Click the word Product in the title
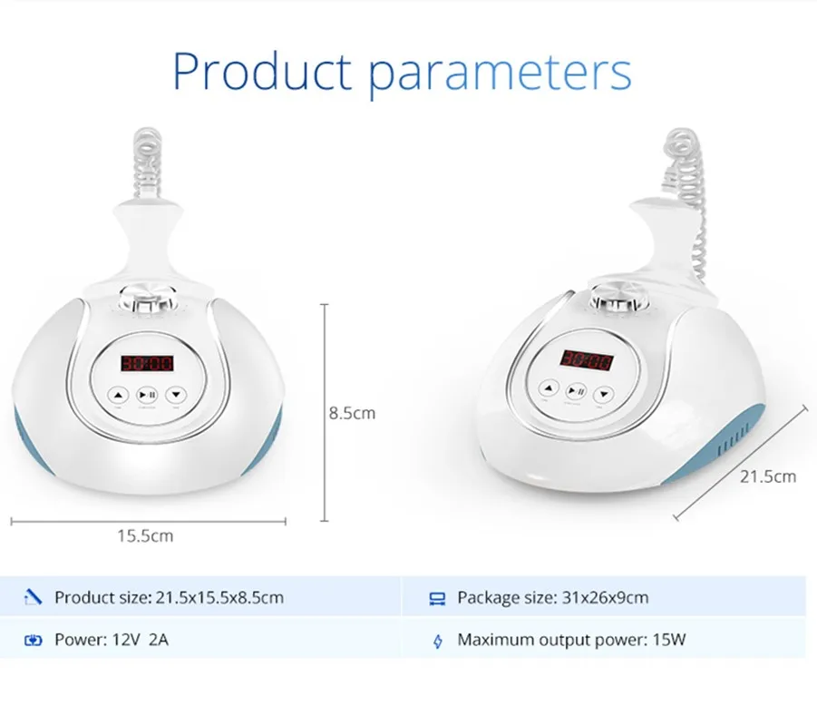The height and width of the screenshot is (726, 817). tap(262, 71)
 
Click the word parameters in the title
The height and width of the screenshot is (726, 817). tap(501, 74)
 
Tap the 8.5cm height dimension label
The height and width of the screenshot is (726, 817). tap(352, 413)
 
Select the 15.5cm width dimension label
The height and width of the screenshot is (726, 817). tap(145, 535)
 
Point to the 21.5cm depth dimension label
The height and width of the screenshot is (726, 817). tap(768, 476)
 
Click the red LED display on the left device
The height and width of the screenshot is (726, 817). tap(147, 363)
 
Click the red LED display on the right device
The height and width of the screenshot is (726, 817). tap(587, 359)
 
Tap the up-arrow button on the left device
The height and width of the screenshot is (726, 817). tap(118, 396)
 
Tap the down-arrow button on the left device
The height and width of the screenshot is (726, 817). tap(176, 396)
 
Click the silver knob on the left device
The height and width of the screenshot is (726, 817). tap(148, 299)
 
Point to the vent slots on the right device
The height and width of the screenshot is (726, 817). tap(734, 439)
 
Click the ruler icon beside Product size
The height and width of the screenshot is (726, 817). tap(33, 597)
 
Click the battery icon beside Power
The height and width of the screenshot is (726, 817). tap(33, 640)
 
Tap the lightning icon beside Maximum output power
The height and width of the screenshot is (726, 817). tap(438, 641)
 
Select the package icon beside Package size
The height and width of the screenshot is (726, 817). tap(437, 598)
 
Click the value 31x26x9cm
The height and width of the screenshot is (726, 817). tap(605, 597)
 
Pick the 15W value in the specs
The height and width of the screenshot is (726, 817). tap(669, 640)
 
